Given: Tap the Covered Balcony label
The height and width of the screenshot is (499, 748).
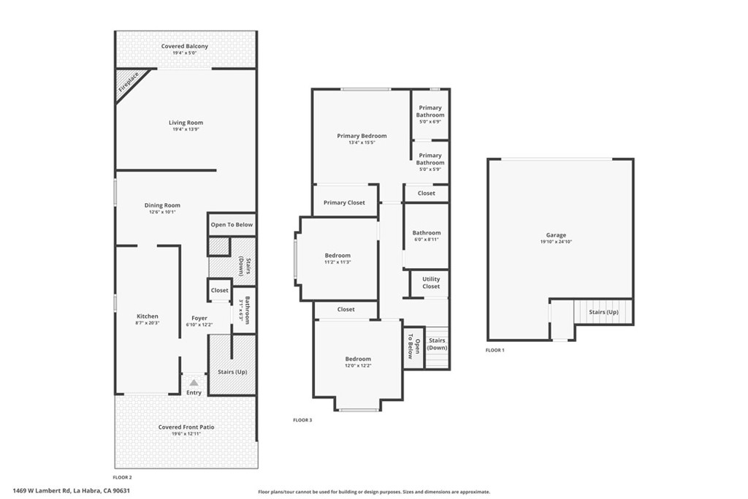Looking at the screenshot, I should coord(185,46).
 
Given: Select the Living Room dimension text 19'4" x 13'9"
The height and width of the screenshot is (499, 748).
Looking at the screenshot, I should coord(186,129).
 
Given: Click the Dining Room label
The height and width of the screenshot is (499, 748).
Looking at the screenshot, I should coord(162,205).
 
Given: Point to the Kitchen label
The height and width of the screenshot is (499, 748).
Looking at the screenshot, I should coord(148,316).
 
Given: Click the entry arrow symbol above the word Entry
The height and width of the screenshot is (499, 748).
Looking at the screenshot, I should coord(194,382).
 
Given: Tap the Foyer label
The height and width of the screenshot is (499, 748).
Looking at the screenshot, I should coord(199,319).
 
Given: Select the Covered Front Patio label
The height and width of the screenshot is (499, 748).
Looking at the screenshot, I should coord(186,427).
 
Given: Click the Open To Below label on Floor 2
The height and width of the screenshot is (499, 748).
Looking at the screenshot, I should coord(232,224).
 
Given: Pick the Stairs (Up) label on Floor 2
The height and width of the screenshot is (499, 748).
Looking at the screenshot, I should coord(232,372).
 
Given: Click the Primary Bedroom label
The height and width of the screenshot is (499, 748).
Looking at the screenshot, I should coord(362,136).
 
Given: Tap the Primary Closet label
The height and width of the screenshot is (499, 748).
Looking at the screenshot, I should coord(344,202).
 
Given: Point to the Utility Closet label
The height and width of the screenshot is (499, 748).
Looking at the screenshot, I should coord(431,283).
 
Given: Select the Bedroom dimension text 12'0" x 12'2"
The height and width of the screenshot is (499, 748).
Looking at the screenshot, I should coord(358,365).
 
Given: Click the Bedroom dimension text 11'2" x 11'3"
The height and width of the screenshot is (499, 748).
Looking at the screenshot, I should coord(337,262).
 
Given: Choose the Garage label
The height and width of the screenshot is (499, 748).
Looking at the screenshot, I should coord(556,235).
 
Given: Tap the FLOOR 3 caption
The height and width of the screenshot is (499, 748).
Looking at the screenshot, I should coord(302,420).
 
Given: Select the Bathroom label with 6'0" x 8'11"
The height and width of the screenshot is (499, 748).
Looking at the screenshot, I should coord(427,233).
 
